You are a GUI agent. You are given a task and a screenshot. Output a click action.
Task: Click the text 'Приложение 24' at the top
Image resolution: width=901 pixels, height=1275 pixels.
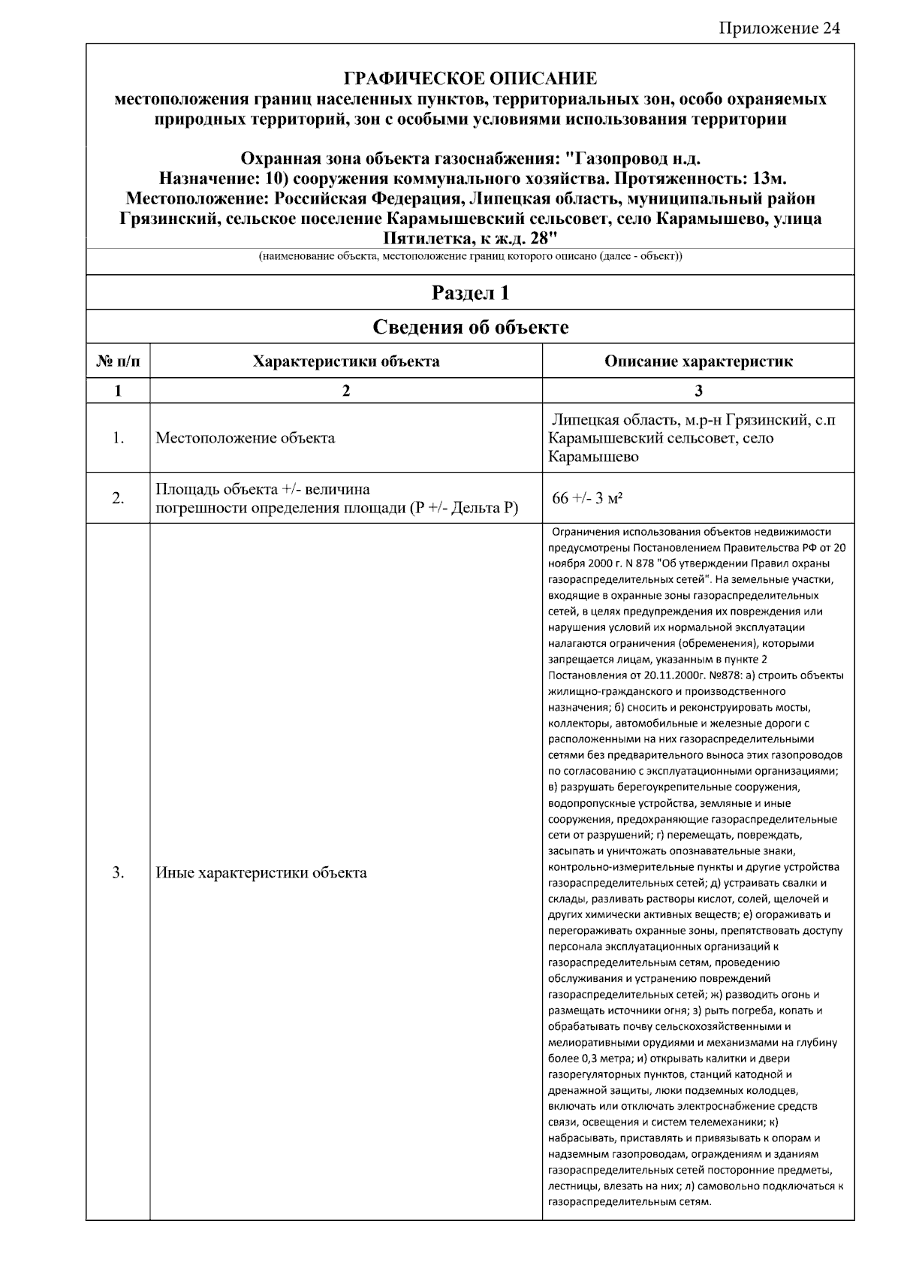coord(779,29)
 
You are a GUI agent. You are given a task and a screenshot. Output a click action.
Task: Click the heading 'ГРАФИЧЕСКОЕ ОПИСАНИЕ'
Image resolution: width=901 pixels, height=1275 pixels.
coord(470,79)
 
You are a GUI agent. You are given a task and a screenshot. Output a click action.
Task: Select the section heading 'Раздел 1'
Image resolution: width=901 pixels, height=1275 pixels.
coord(470,293)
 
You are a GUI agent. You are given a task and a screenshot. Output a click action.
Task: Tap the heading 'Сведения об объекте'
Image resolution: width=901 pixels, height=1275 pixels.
coord(470,328)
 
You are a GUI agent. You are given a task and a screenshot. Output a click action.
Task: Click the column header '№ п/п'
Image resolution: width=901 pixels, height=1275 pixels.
coord(118,362)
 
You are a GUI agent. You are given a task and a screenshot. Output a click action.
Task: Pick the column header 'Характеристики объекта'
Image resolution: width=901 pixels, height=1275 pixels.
coord(346,362)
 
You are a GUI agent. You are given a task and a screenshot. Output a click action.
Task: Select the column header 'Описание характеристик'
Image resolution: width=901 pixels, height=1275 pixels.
coord(698,362)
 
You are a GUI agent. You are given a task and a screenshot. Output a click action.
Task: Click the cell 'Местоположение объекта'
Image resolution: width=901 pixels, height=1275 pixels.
coord(245,438)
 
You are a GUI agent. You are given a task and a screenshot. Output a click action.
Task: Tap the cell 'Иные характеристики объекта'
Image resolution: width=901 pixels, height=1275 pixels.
coord(261,873)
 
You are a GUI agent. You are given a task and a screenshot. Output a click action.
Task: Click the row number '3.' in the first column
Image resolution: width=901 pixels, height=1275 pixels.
coord(118,873)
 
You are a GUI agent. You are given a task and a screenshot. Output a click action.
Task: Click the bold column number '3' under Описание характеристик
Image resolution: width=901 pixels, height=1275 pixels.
coord(698,391)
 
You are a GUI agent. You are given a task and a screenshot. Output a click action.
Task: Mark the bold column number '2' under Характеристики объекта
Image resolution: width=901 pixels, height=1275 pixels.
coord(346,391)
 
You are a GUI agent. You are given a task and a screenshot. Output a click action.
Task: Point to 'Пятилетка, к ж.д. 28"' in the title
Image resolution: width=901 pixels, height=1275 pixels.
coord(470,239)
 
